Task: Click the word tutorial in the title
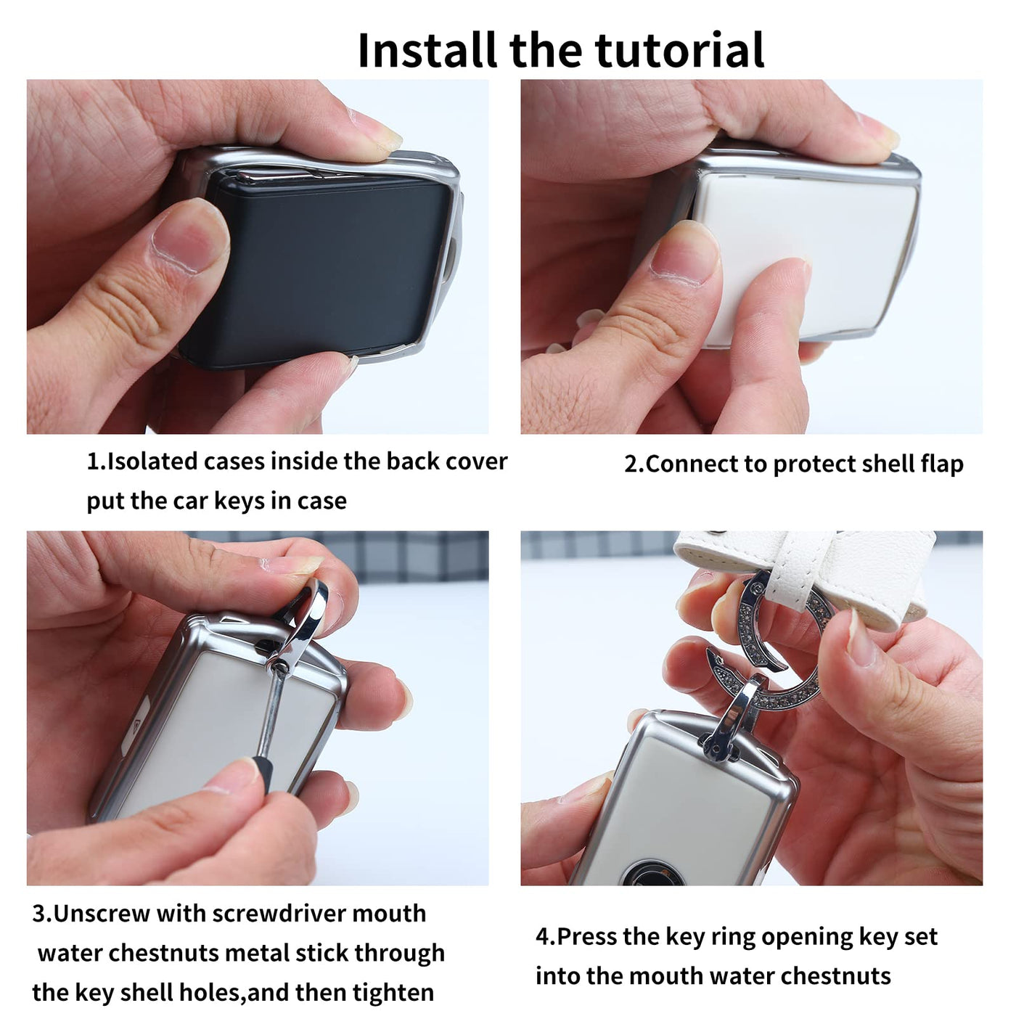[679, 50]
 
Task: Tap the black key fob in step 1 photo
[316, 269]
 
